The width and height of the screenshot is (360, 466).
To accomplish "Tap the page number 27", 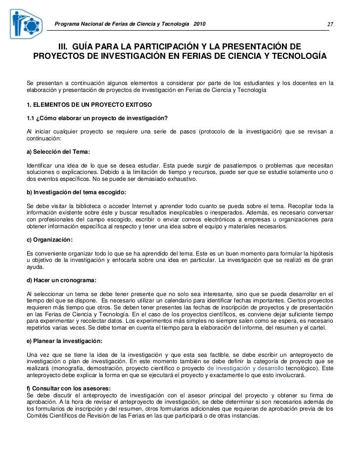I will (330, 25).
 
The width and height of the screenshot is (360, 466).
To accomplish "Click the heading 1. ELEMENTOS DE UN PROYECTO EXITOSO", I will (90, 105).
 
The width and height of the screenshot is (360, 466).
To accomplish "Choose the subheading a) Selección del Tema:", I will (58, 152).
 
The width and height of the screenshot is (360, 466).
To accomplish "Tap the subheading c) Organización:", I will (50, 240).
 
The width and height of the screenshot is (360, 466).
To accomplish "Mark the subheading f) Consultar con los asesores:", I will (68, 388).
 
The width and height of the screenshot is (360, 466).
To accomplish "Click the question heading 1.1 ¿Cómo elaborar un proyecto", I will (97, 117).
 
